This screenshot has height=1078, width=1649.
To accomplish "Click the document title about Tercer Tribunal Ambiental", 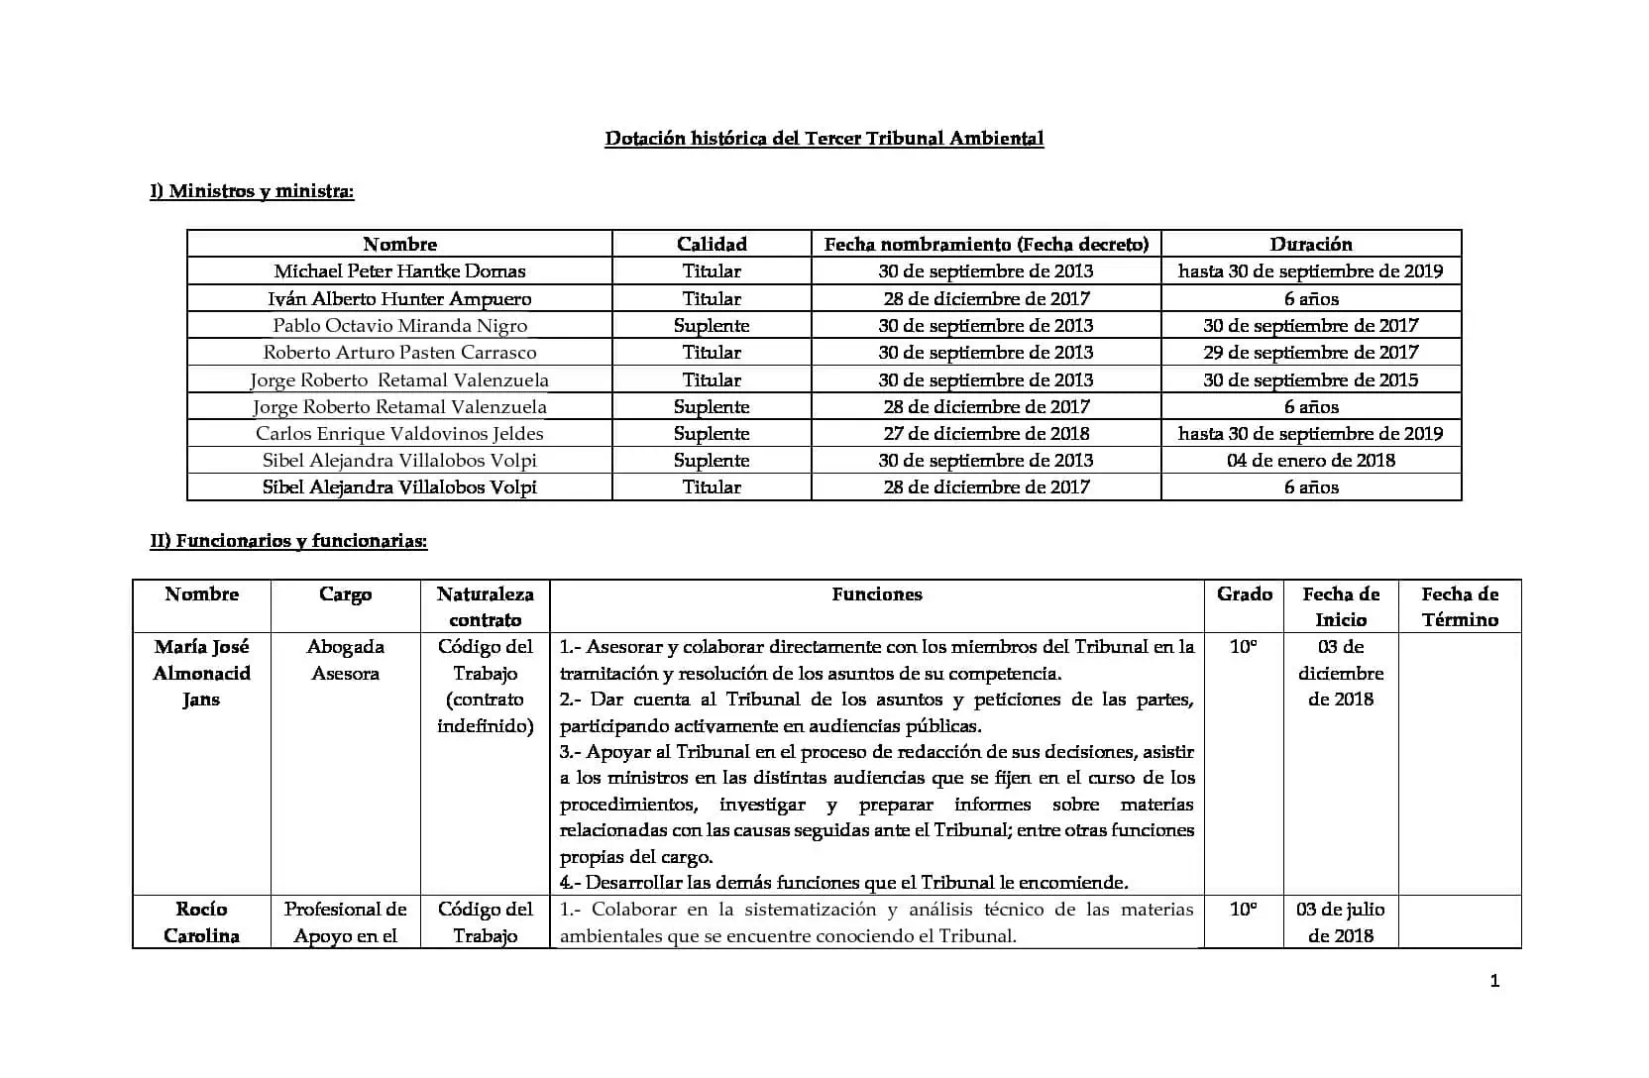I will click(x=824, y=139).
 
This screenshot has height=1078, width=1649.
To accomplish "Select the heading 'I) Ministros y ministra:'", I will click(x=252, y=191).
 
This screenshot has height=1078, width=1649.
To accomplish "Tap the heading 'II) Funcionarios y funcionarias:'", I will click(x=288, y=541).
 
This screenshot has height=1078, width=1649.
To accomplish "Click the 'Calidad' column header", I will click(x=712, y=244).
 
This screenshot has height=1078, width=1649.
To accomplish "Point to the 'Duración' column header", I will click(x=1310, y=244).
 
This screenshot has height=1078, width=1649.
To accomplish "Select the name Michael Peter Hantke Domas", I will click(x=399, y=271).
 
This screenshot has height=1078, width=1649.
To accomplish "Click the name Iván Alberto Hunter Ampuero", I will click(x=399, y=298).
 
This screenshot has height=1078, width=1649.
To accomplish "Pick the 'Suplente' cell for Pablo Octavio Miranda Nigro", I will click(x=712, y=326).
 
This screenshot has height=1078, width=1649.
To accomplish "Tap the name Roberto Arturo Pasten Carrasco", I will click(x=399, y=353).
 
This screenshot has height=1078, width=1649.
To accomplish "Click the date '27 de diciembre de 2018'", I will click(x=986, y=434).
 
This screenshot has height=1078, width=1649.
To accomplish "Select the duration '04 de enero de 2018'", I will click(x=1310, y=461).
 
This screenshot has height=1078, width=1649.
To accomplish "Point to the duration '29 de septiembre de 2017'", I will click(x=1310, y=353).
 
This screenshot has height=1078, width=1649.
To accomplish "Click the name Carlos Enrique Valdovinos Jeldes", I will click(x=399, y=434).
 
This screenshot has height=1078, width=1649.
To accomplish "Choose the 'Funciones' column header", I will click(x=877, y=594).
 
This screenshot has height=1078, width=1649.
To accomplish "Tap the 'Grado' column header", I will click(x=1244, y=594).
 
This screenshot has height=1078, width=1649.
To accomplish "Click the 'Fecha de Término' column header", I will click(x=1460, y=606).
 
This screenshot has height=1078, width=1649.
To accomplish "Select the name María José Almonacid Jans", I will click(x=201, y=673).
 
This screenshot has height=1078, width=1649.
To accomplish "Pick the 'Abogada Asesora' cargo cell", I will click(x=345, y=660).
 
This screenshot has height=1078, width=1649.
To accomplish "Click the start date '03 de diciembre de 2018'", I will click(x=1340, y=673).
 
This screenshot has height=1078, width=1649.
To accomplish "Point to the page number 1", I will click(x=1494, y=982).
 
